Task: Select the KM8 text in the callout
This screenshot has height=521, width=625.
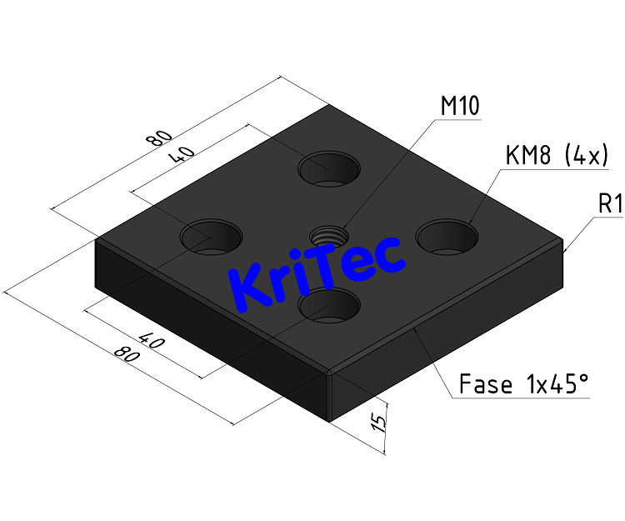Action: point(528,156)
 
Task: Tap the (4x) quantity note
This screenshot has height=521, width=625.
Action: point(584,156)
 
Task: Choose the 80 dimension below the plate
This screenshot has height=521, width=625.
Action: point(126,355)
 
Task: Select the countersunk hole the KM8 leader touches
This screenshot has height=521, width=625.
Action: point(447,236)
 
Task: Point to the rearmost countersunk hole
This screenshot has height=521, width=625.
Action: point(330,168)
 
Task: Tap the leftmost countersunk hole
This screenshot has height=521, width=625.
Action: point(212,235)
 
